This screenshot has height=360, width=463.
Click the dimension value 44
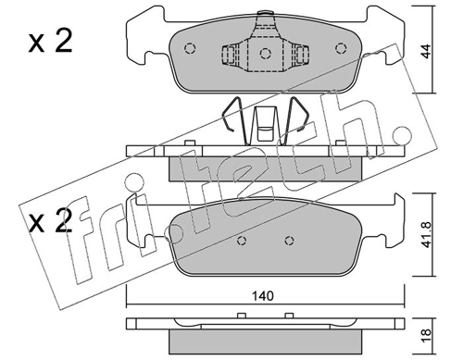[x=426, y=51]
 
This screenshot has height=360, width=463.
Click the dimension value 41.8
[x=426, y=234]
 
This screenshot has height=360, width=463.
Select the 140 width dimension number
[x=263, y=296]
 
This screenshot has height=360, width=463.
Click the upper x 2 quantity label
[x=50, y=42]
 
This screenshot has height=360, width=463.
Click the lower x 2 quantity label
[x=50, y=220]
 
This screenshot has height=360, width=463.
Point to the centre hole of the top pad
[x=265, y=54]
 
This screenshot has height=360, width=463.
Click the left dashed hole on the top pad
[x=190, y=48]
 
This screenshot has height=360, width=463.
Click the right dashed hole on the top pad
[x=341, y=48]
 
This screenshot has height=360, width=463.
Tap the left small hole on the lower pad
[x=243, y=241]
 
